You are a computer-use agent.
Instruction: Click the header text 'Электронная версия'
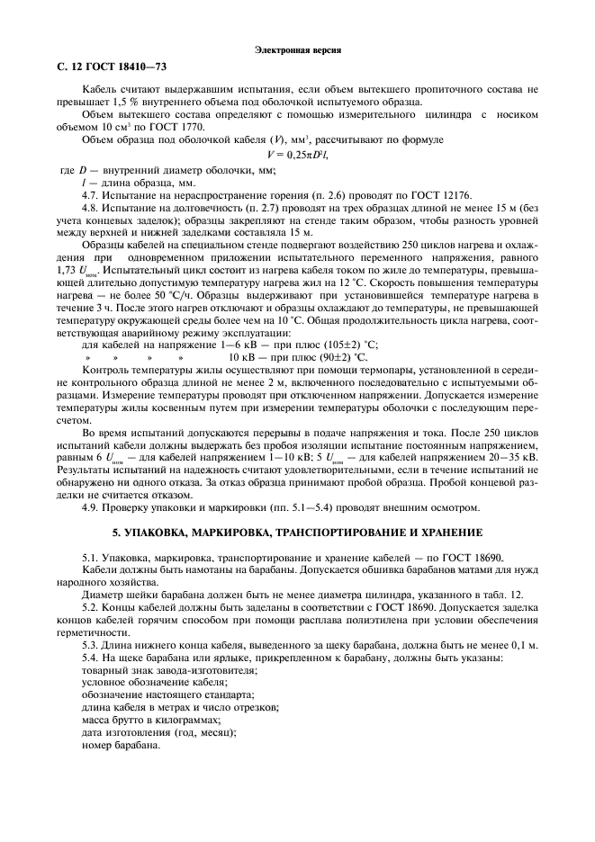coord(296,50)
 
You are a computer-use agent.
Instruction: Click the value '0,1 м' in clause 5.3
coord(521,647)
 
